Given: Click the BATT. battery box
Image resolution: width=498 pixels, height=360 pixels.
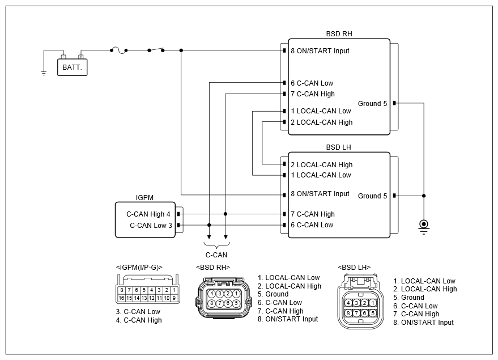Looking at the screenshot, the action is pos(72,67).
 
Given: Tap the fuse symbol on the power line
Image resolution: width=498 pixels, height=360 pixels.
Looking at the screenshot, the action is pos(119,50).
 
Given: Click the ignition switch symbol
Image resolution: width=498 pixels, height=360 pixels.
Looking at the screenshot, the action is pos(156,50).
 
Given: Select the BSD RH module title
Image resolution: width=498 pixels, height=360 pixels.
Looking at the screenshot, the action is pos(339,33).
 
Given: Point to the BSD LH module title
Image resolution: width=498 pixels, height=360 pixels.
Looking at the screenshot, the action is pos(338,147).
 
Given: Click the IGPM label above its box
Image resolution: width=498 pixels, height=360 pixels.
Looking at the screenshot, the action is pos(144,198).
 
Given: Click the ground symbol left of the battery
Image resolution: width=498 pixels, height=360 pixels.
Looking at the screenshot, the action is pos(44,73).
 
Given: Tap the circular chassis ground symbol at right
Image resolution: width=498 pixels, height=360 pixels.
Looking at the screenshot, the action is pos(424,226).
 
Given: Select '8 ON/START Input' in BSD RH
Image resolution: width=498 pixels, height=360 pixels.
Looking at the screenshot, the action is pos(320,51).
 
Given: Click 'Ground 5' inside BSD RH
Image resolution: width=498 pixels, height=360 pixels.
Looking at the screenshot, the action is pos(372,104).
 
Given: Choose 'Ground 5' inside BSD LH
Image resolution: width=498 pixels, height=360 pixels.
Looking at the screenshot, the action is pos(372,196).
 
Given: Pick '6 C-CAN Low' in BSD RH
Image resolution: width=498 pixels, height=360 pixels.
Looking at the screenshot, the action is pos(312,83).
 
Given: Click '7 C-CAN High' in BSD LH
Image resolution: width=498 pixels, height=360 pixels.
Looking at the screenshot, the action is pos(313,214).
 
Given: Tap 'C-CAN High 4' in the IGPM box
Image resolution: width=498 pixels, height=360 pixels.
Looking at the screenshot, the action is pos(148,214).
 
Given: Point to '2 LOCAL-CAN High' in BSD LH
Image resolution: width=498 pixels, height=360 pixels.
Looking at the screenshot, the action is pos(321,165).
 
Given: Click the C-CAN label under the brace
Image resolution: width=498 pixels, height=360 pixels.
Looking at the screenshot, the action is pos(216,255).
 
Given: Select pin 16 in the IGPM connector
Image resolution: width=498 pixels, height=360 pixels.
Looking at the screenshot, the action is pos(121,298).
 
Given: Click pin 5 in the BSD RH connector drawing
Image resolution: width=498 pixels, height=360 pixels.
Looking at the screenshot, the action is pos(236,303).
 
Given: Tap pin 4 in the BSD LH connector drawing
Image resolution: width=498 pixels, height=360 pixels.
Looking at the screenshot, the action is pos(348,303).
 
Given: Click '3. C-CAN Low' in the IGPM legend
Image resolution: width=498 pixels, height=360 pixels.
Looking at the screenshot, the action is pos(138,312).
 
